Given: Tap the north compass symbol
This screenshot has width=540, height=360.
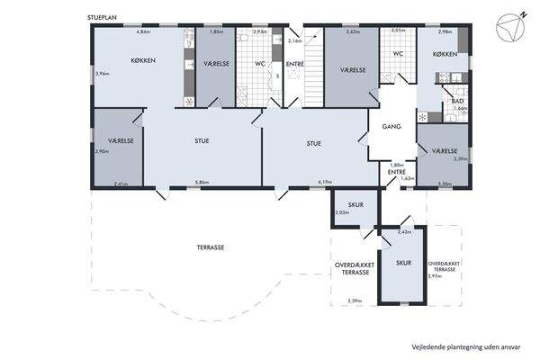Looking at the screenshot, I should coord(512,26).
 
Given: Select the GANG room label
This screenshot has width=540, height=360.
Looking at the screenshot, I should coord(391,127).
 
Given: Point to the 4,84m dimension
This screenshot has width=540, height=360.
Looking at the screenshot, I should coord(142,31).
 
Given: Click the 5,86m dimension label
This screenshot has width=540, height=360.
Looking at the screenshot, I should coord(202,183).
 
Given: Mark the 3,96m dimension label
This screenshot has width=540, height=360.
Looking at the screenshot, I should coord(102,73).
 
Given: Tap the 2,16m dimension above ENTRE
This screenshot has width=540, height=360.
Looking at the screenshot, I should coord(293,41).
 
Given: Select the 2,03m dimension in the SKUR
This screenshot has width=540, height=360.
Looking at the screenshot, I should coord(342,212).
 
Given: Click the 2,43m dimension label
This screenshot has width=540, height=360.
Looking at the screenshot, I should coord(403,231).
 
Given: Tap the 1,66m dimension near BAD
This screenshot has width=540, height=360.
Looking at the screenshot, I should coord(461,108).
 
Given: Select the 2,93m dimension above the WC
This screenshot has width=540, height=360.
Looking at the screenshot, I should coord(259,31).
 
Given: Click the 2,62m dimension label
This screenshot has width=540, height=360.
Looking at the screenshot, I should coord(352,31).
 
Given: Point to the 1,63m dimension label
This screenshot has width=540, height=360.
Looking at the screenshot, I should coord(407,178).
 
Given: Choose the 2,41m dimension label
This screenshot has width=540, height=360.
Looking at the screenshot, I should coord(122,183).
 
